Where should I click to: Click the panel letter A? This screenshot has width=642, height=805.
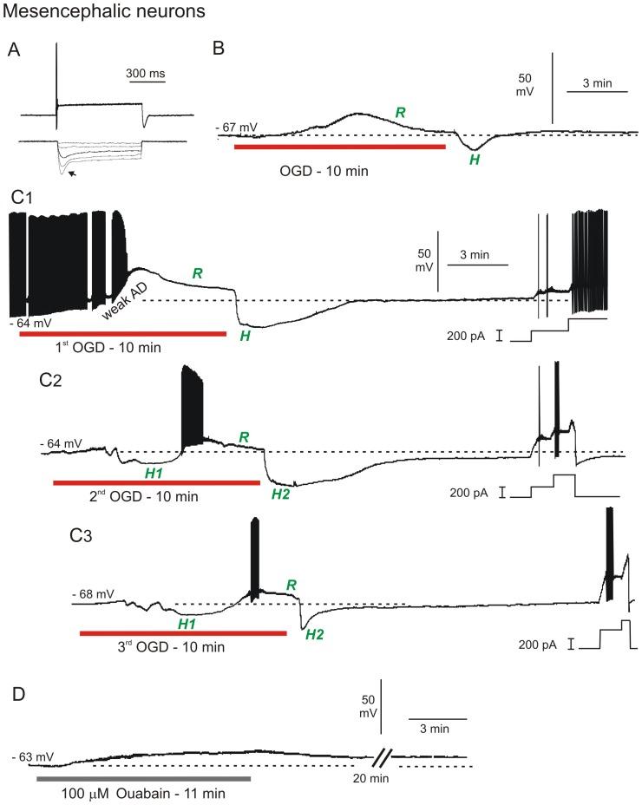[14, 49]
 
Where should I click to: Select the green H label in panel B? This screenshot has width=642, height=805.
[475, 160]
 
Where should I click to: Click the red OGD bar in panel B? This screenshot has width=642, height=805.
[339, 147]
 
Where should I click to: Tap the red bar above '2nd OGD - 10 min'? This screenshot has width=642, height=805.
[156, 481]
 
